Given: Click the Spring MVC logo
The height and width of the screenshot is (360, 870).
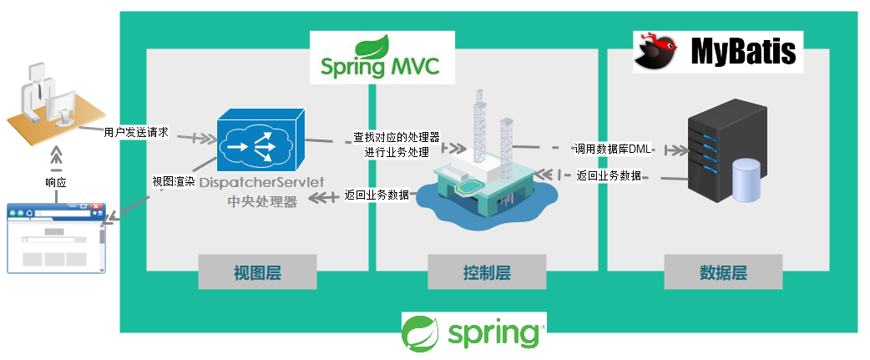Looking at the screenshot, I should [382, 58].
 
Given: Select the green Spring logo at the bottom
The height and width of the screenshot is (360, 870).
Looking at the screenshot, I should [473, 332].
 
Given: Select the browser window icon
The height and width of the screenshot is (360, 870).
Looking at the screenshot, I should [57, 237].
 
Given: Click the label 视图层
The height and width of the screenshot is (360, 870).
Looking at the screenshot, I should [257, 272].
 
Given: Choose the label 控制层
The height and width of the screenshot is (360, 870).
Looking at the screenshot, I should [487, 272].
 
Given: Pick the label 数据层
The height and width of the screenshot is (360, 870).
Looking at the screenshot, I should [723, 272].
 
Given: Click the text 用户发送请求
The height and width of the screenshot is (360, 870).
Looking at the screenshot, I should [136, 132].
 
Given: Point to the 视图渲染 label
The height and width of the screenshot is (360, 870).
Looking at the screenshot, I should [173, 181].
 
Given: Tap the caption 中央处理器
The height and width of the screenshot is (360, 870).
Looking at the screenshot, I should [262, 201].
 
